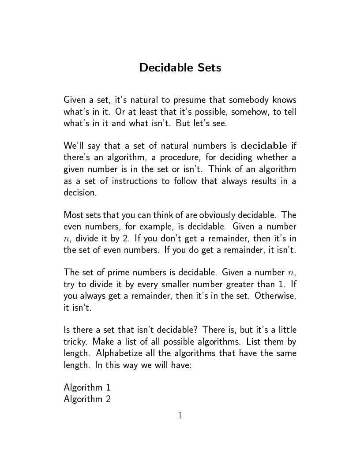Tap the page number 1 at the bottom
180,415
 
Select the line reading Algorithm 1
87,388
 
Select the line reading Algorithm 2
87,399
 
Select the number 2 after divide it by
116,239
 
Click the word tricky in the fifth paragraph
74,342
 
